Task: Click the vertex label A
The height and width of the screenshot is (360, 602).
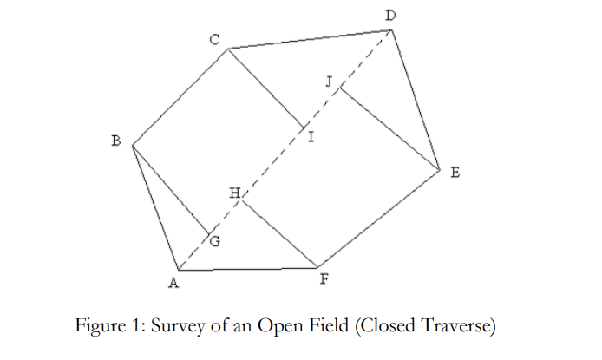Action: pos(173,283)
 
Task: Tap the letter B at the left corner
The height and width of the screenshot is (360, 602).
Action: pos(115,141)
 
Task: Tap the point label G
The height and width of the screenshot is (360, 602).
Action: pos(215,243)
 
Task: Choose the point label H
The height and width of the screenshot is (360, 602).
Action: pos(233,193)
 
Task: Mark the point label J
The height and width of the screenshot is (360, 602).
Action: pos(329,81)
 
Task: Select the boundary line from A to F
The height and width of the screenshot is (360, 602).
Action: pos(248,268)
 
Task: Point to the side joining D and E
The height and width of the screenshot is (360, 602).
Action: pos(416,99)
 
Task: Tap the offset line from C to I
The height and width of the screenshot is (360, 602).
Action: pos(265,86)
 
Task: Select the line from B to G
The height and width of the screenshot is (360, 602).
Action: pos(169,188)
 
